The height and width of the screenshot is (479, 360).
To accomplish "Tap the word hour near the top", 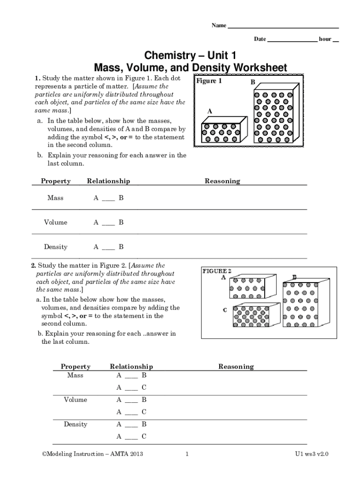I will point(325,39).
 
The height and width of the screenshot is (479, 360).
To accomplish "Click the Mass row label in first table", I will point(55,198).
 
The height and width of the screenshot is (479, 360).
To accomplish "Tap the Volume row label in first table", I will point(55,223).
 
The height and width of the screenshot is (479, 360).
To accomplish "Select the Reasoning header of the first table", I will point(222,181).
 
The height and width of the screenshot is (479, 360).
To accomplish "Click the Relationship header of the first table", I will point(108,181).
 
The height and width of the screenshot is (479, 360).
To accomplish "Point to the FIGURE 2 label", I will point(216,271).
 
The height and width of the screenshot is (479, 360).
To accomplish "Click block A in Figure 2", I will point(247,288).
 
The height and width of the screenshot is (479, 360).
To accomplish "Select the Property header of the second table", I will point(75,367).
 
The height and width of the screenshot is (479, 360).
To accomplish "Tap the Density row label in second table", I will point(75,424).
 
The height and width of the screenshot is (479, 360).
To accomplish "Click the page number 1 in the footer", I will point(187,454).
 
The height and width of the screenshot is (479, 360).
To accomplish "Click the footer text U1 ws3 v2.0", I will point(311,454).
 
